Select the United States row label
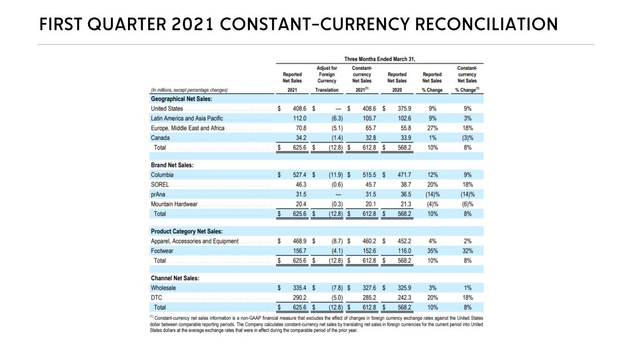pyautogui.click(x=167, y=109)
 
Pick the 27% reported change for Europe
pyautogui.click(x=433, y=128)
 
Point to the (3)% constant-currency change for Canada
pyautogui.click(x=467, y=138)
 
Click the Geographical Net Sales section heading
pyautogui.click(x=181, y=99)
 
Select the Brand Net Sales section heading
pyautogui.click(x=172, y=165)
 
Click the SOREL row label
pyautogui.click(x=160, y=185)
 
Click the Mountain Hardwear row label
pyautogui.click(x=174, y=204)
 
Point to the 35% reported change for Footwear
pyautogui.click(x=433, y=251)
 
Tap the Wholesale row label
pyautogui.click(x=164, y=288)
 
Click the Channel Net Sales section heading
pyautogui.click(x=175, y=278)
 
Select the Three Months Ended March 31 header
pyautogui.click(x=380, y=59)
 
